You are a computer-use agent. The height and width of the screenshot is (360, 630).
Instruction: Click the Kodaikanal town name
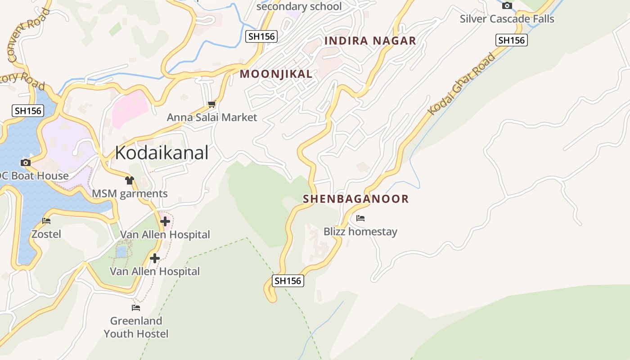click(x=162, y=153)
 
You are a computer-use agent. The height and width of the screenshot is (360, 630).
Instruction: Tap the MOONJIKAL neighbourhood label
click(x=276, y=74)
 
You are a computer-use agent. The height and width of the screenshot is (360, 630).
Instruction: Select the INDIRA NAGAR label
click(x=370, y=41)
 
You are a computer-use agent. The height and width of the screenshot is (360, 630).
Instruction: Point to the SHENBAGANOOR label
click(x=355, y=199)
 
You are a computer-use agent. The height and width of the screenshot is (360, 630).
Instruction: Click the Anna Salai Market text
click(x=212, y=117)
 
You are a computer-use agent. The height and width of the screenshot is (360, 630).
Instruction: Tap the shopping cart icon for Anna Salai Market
click(x=211, y=104)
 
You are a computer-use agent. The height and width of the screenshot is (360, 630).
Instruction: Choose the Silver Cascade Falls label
click(x=507, y=19)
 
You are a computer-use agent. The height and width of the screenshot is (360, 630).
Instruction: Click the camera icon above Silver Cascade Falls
click(x=507, y=6)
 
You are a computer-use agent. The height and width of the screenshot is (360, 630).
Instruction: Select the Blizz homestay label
click(x=360, y=232)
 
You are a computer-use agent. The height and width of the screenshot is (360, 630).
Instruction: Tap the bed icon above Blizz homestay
click(x=360, y=219)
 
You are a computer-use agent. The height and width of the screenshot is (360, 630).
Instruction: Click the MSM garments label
click(x=130, y=194)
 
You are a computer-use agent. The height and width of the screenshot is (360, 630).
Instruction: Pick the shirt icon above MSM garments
click(x=130, y=180)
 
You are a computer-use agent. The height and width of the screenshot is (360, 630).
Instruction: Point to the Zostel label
click(x=46, y=234)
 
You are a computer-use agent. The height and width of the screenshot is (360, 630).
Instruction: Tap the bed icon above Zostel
click(x=46, y=221)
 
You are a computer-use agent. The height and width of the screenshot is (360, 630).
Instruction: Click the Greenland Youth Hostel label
click(x=136, y=327)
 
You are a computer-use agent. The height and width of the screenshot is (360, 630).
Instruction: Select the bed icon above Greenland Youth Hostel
click(x=136, y=308)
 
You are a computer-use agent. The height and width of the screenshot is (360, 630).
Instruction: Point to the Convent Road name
click(x=28, y=34)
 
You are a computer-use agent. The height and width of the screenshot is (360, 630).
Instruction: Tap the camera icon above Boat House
click(x=26, y=162)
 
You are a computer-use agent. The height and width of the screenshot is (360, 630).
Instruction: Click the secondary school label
click(x=299, y=6)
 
